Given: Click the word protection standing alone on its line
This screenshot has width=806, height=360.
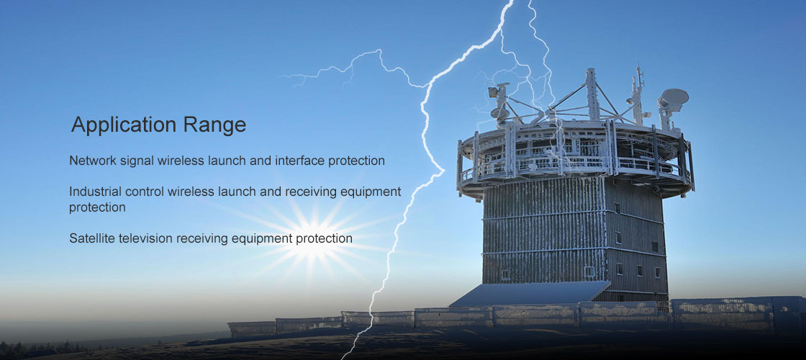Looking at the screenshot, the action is [x=97, y=208].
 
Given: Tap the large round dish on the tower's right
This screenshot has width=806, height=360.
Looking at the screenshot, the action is [x=674, y=96].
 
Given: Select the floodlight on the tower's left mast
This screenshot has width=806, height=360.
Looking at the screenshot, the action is [x=494, y=92].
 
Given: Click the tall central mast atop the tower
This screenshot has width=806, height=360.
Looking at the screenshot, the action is [x=592, y=94].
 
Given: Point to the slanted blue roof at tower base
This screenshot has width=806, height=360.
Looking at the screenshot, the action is [x=530, y=294].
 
